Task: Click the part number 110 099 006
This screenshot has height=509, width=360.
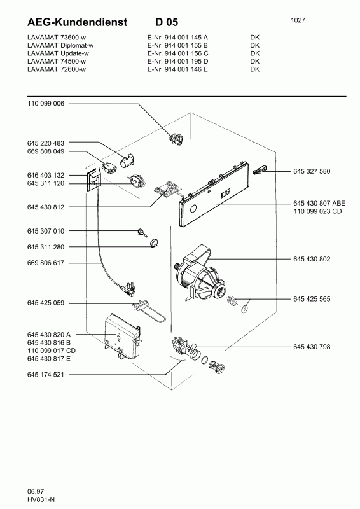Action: pos(46,103)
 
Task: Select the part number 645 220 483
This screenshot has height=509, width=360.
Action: pos(46,143)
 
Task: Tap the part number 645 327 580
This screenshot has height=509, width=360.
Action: pos(313,171)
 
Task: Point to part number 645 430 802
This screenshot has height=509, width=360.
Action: pos(313,259)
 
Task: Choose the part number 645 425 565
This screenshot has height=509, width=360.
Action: pos(313,298)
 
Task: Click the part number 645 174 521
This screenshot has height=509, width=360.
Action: pos(46,375)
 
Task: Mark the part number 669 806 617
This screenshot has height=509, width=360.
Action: pos(46,263)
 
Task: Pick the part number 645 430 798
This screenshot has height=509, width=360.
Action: pos(313,347)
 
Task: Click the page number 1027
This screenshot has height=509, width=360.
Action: pos(298,20)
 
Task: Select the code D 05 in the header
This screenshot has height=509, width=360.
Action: pos(167,22)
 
